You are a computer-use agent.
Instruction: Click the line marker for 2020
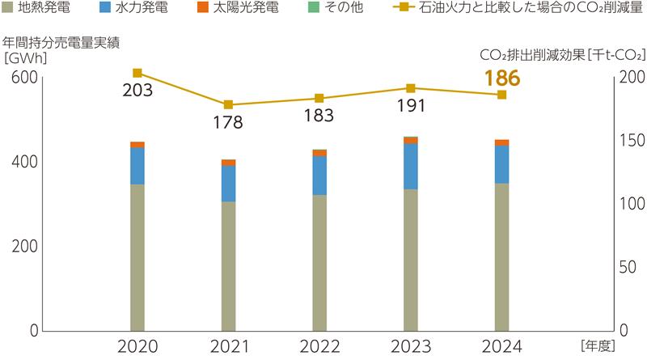[x=137, y=74]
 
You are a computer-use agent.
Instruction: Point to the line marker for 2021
[x=228, y=105]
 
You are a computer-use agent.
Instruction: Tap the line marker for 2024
[x=501, y=95]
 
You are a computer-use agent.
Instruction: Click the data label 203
[x=137, y=92]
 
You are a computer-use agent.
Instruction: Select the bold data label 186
[x=501, y=78]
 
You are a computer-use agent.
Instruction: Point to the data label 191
[x=411, y=108]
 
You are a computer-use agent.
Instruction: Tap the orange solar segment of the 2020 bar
[x=137, y=145]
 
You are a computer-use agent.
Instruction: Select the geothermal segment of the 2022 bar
[x=319, y=263]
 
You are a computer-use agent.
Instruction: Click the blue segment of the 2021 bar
[x=228, y=184]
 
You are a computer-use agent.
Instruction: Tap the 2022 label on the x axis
[x=319, y=346]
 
